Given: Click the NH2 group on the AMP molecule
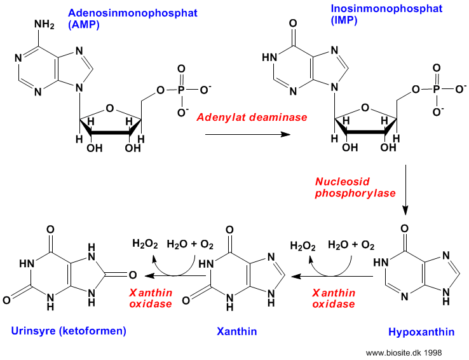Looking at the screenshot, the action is pyautogui.click(x=44, y=25).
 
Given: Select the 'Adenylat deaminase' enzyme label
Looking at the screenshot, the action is pyautogui.click(x=252, y=117).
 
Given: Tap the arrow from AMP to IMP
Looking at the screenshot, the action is pyautogui.click(x=248, y=134).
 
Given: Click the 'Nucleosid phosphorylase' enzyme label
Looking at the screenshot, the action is pyautogui.click(x=355, y=188).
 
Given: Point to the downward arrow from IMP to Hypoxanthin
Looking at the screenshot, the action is pyautogui.click(x=405, y=190).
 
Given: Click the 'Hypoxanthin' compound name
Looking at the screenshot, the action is pyautogui.click(x=421, y=332).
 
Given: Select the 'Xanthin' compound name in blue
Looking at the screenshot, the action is pyautogui.click(x=236, y=331).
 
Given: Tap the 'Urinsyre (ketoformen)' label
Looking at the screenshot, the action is pyautogui.click(x=69, y=331).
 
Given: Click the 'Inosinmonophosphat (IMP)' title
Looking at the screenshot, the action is pyautogui.click(x=386, y=14).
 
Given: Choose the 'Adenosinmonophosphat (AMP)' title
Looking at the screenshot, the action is pyautogui.click(x=133, y=18).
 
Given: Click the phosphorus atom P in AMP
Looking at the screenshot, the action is pyautogui.click(x=181, y=90).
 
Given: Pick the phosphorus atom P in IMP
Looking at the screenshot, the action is pyautogui.click(x=437, y=89).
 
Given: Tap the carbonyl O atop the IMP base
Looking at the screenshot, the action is pyautogui.click(x=293, y=24).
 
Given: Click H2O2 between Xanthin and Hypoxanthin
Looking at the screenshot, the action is pyautogui.click(x=302, y=246).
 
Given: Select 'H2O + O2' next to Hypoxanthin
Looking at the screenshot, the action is pyautogui.click(x=351, y=245).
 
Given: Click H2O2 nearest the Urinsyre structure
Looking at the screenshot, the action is pyautogui.click(x=145, y=244).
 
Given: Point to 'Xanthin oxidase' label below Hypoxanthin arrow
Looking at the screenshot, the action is pyautogui.click(x=334, y=298).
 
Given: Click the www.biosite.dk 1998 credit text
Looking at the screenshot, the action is pyautogui.click(x=404, y=353).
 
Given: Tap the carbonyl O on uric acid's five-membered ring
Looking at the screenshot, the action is pyautogui.click(x=133, y=275).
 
